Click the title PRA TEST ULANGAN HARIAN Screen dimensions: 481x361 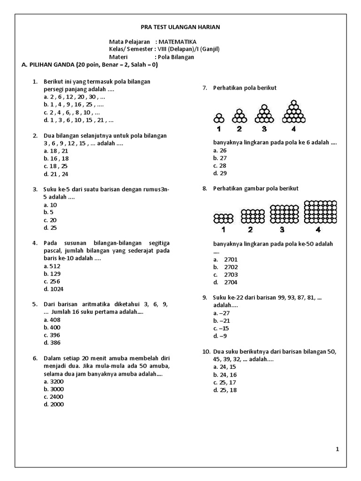tap(180, 27)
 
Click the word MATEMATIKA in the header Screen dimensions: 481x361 tap(177, 42)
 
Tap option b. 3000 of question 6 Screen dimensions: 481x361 tap(53, 389)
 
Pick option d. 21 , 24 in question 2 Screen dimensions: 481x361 tap(55, 174)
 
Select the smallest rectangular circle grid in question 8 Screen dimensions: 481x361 tap(223, 218)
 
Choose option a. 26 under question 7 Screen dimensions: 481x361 tap(220, 150)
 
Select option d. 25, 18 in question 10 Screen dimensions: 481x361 tap(225, 390)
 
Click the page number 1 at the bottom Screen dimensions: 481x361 tap(337, 450)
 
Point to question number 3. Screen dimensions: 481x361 tap(35, 190)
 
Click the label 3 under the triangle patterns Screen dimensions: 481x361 tap(264, 129)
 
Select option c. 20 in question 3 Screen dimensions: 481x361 tap(50, 220)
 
